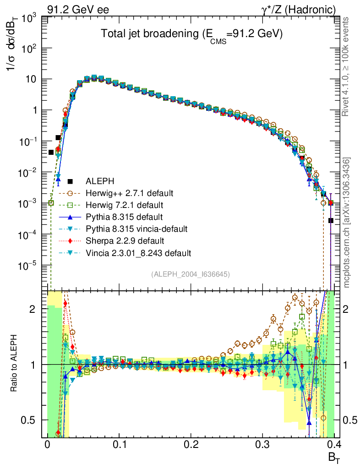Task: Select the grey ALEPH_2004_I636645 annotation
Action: (190, 274)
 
